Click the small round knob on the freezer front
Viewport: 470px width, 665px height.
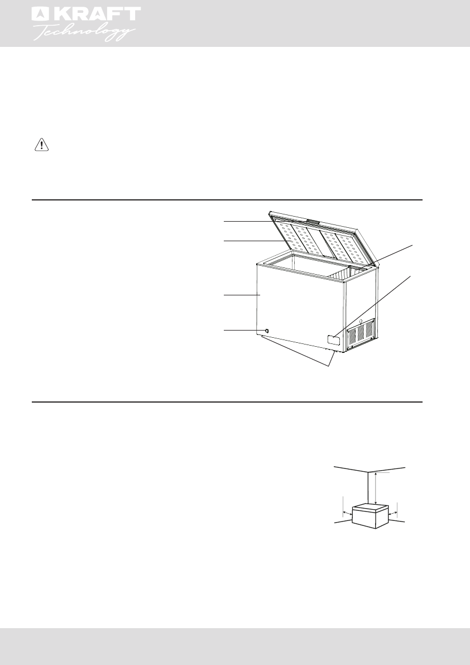tap(266, 331)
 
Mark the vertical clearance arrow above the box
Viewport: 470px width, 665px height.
tap(377, 488)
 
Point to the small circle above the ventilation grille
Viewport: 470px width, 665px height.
tap(361, 320)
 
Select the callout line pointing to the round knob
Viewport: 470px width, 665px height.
tap(243, 331)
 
